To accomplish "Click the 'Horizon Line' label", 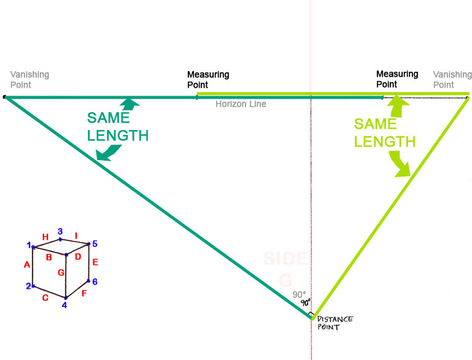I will [241, 104].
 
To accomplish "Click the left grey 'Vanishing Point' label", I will [29, 80].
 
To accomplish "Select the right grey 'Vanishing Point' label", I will [452, 80].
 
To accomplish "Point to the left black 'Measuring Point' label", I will [208, 80].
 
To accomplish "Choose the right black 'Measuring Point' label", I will [397, 79].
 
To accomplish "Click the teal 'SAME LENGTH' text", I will [118, 126].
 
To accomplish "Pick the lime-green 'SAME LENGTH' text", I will [384, 132].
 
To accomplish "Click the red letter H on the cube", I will [45, 237].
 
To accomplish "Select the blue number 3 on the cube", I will [60, 231].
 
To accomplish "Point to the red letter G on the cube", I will [61, 272].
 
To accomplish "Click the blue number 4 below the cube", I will [64, 305].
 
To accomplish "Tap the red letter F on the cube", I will [83, 293].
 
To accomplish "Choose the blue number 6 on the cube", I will [95, 281].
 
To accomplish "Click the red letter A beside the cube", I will [26, 265].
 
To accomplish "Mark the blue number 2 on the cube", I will [28, 286].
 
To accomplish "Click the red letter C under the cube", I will [45, 298].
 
